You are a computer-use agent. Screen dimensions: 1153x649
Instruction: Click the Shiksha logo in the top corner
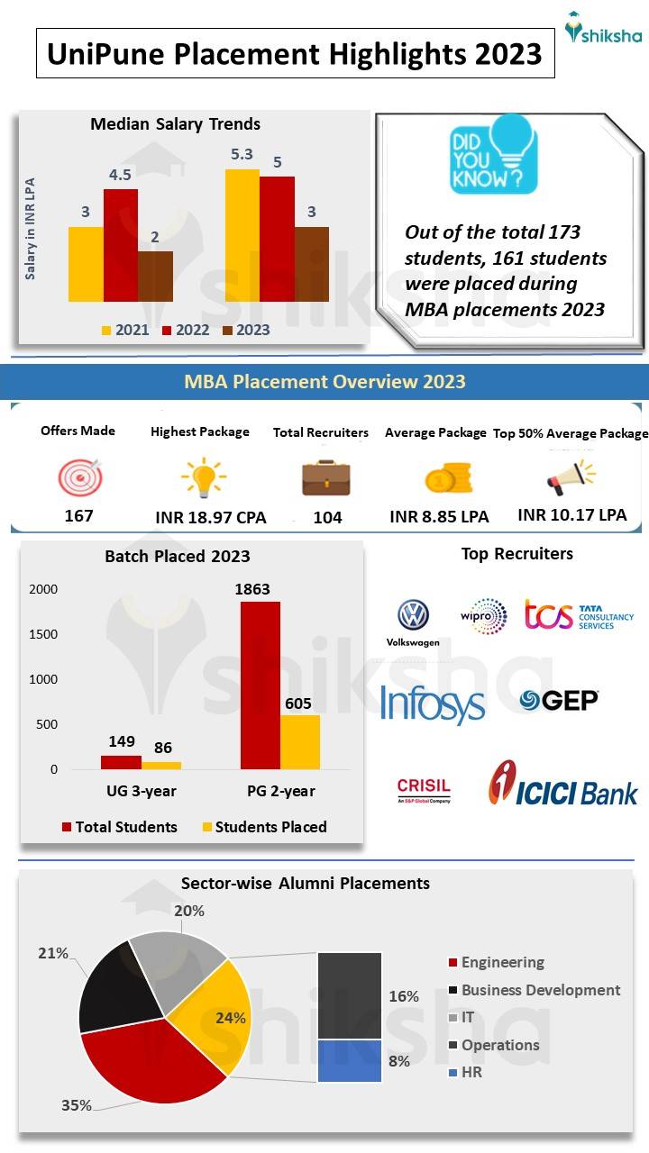[603, 29]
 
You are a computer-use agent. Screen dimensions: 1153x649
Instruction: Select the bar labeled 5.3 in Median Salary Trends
[242, 235]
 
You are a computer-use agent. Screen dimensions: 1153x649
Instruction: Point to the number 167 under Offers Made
[78, 516]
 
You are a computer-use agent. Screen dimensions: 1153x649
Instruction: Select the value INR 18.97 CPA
[211, 517]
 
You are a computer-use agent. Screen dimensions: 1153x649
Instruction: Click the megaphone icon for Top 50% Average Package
[570, 477]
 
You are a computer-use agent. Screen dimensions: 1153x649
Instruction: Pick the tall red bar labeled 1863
[260, 685]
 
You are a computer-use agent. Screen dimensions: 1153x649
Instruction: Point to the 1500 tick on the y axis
[41, 634]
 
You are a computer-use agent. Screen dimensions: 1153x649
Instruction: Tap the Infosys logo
[433, 704]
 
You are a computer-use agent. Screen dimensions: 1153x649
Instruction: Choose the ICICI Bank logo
[562, 783]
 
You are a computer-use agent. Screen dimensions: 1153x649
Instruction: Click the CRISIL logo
[424, 790]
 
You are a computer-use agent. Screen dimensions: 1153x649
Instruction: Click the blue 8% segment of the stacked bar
[350, 1060]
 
